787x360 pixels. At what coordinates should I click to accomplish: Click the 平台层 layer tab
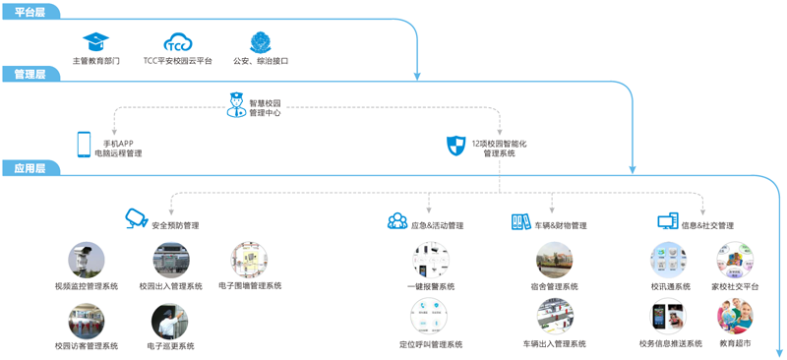pos(30,12)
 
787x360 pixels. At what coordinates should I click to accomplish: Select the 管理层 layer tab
pos(30,75)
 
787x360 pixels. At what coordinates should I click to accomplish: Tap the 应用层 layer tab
pos(30,168)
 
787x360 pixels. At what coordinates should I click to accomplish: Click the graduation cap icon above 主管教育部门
pos(95,41)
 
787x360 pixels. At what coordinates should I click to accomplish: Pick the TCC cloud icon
pos(178,42)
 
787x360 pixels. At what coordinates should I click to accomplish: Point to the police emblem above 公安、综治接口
pos(261,42)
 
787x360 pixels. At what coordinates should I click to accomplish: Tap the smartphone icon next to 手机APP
pos(84,145)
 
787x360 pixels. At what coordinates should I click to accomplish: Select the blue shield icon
pos(456,146)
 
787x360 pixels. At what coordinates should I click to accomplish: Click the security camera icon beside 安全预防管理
pos(136,219)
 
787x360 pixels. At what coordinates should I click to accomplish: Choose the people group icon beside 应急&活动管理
pos(397,221)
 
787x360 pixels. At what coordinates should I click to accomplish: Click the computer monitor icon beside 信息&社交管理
pos(668,221)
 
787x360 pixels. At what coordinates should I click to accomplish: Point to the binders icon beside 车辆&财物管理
pos(521,221)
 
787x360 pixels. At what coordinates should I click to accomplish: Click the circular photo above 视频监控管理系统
pos(87,260)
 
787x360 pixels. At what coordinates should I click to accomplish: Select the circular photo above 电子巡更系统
pos(169,321)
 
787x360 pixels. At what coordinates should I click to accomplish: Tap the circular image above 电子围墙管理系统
pos(250,260)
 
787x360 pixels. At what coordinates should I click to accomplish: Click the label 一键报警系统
pos(431,286)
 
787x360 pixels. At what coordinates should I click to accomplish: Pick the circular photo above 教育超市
pos(735,317)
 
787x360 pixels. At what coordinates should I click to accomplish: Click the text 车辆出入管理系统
pos(554,344)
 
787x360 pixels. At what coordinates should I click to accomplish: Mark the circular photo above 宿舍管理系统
pos(554,260)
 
